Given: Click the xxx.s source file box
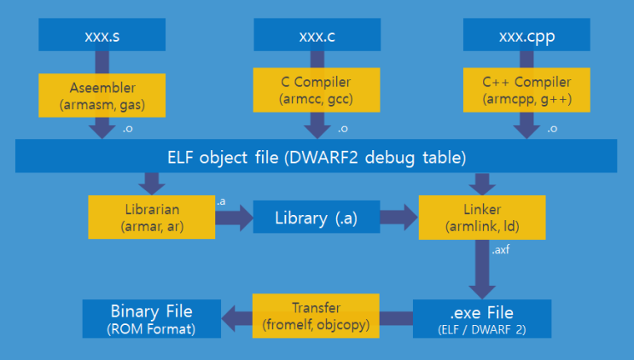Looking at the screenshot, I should click(x=102, y=35).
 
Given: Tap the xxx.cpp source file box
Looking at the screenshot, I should click(x=526, y=35).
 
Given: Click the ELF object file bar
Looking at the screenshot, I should click(x=316, y=156).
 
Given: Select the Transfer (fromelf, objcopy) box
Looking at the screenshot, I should click(x=315, y=316).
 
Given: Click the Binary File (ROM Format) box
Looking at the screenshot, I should click(x=151, y=316).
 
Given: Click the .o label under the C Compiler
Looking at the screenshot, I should click(x=342, y=129).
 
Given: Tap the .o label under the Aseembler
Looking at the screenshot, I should click(x=129, y=129).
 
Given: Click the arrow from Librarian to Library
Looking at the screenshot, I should click(x=234, y=218).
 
